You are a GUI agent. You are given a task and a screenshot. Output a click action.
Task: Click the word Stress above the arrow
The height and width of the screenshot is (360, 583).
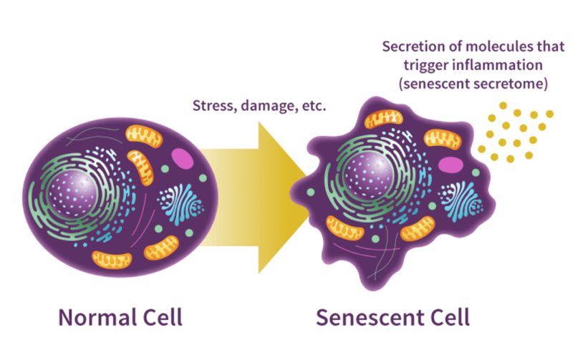[211, 107]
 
